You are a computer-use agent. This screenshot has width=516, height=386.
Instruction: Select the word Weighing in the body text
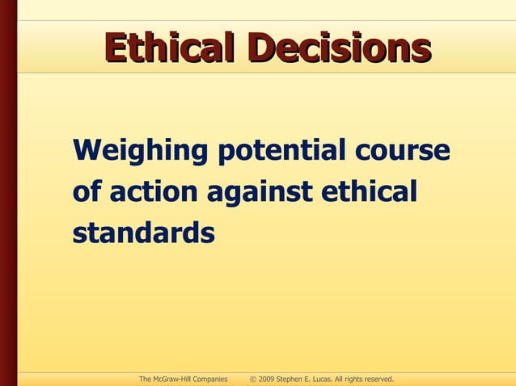[x=137, y=151]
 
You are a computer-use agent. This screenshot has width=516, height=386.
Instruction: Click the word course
[x=401, y=151]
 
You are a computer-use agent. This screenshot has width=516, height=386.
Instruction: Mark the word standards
[x=143, y=233]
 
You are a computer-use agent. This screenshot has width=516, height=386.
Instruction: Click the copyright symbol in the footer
[x=253, y=378]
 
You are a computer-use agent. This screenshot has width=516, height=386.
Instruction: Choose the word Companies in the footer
[x=210, y=378]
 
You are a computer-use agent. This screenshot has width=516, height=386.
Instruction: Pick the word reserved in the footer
[x=377, y=378]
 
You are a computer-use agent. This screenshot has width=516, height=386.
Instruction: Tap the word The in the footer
[x=146, y=378]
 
